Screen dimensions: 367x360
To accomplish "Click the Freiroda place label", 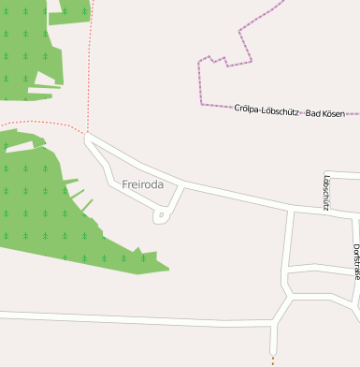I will click(142, 184).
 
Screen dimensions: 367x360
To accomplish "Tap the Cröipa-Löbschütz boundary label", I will click(266, 110).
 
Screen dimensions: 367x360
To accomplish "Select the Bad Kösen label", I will click(325, 112).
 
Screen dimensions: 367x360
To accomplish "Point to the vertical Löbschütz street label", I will click(324, 192).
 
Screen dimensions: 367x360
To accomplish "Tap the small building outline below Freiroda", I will click(161, 216).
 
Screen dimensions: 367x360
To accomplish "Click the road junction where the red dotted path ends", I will click(88, 134).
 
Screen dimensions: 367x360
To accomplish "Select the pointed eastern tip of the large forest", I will click(168, 270).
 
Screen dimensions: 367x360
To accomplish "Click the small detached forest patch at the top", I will click(70, 10).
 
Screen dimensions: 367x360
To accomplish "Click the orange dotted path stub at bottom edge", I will click(273, 360).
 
